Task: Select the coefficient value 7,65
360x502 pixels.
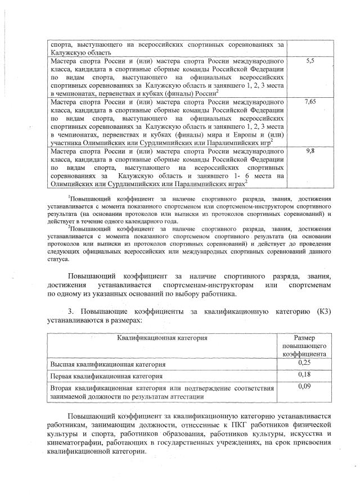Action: point(309,102)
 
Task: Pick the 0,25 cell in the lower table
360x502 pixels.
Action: point(304,363)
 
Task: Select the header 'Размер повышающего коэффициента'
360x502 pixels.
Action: point(304,346)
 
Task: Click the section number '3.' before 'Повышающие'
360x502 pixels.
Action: point(71,310)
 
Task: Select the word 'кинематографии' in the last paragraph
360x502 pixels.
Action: point(76,444)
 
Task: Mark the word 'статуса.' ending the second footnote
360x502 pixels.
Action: point(59,259)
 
